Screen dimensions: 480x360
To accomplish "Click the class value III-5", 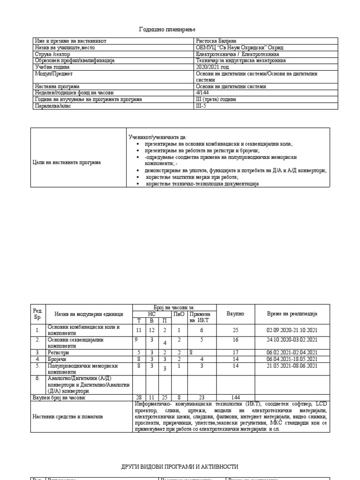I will coord(200,106).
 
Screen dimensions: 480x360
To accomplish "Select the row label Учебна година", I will coord(52,67).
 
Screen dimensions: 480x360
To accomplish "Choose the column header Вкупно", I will coord(235,313).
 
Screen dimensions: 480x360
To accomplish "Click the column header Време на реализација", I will coord(292,313).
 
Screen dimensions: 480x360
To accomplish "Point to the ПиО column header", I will coord(179,313).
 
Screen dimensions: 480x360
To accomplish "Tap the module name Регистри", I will coord(58,352).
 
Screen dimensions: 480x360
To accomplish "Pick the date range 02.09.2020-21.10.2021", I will coord(292,330).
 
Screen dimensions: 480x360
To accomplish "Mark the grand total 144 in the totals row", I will coord(235,397).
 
